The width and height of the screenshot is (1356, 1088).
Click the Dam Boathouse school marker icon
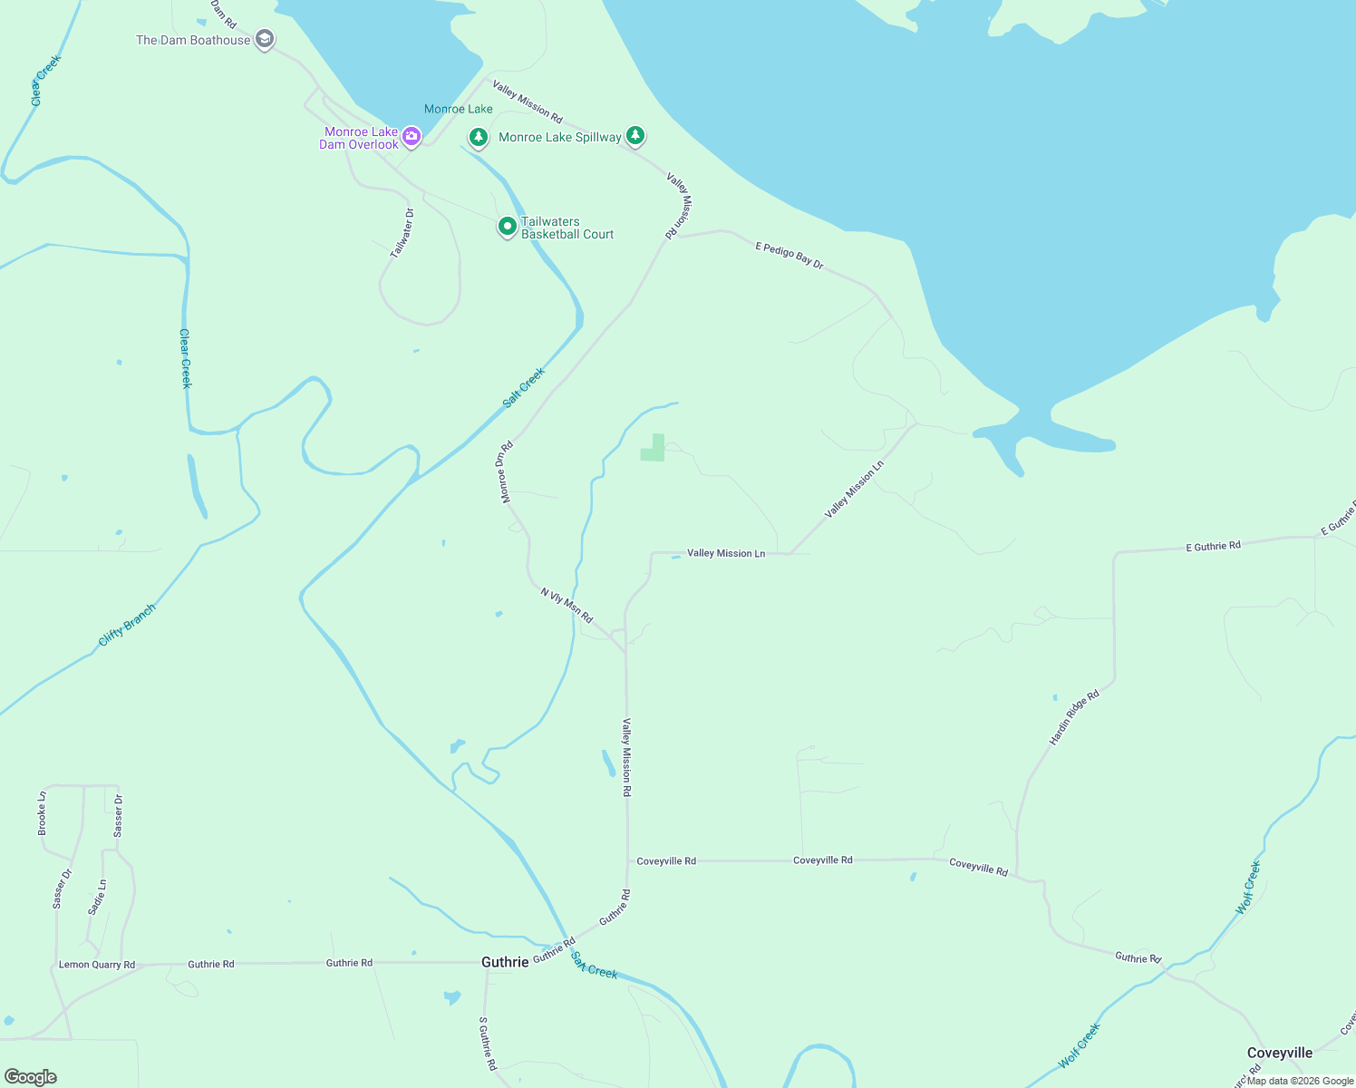point(264,39)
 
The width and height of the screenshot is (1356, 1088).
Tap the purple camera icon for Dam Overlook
point(412,137)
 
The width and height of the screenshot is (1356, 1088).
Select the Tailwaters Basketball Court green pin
point(508,226)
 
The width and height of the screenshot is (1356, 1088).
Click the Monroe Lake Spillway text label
point(559,138)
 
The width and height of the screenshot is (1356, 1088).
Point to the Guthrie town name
point(505,962)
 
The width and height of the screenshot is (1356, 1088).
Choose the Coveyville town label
point(1279,1053)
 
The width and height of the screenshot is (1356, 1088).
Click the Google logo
point(31,1077)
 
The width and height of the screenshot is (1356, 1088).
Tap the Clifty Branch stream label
point(127,625)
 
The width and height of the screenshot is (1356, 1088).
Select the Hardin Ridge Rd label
point(1074,717)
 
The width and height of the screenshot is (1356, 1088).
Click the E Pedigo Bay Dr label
point(789,255)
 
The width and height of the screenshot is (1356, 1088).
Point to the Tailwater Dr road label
point(402,233)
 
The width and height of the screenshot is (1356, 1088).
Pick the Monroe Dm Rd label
point(505,471)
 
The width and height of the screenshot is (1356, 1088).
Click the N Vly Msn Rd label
point(567,605)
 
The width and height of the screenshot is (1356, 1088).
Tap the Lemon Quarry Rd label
point(97,965)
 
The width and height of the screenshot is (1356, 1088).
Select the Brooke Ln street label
point(42,813)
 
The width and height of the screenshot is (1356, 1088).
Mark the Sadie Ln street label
point(97,897)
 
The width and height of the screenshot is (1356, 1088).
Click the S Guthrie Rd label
point(488,1044)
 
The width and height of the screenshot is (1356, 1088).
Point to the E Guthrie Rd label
point(1213,547)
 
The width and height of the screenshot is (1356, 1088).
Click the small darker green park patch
point(654,449)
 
